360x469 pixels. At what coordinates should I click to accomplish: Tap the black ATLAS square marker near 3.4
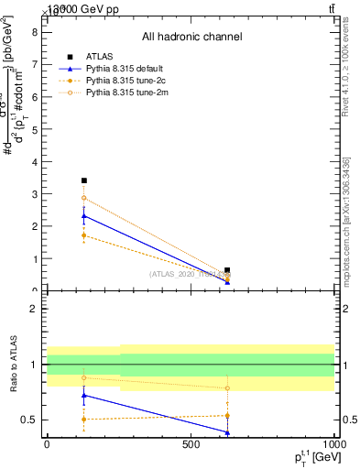point(84,180)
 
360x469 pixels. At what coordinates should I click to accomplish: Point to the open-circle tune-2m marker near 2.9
point(84,198)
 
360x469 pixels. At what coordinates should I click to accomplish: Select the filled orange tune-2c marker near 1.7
point(84,235)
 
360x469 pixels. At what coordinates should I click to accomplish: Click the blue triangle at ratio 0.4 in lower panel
point(227,431)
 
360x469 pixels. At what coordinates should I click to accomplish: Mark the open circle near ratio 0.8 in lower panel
point(227,387)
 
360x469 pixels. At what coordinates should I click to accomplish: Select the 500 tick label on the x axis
point(191,443)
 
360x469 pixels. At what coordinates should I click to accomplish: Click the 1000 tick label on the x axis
point(334,443)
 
